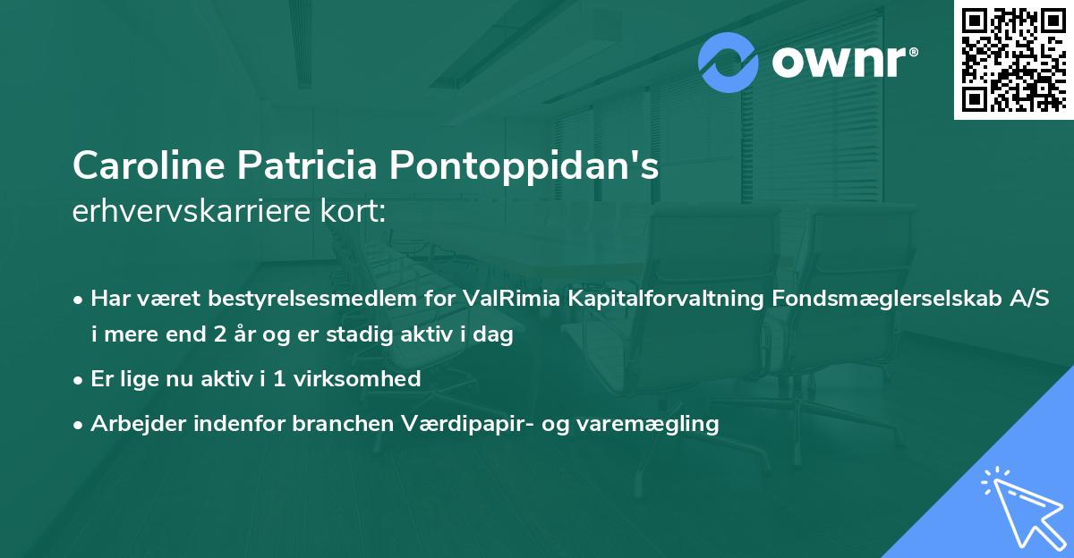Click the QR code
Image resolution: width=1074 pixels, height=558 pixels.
tap(1014, 59)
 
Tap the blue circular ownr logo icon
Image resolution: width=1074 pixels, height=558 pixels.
tap(729, 63)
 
